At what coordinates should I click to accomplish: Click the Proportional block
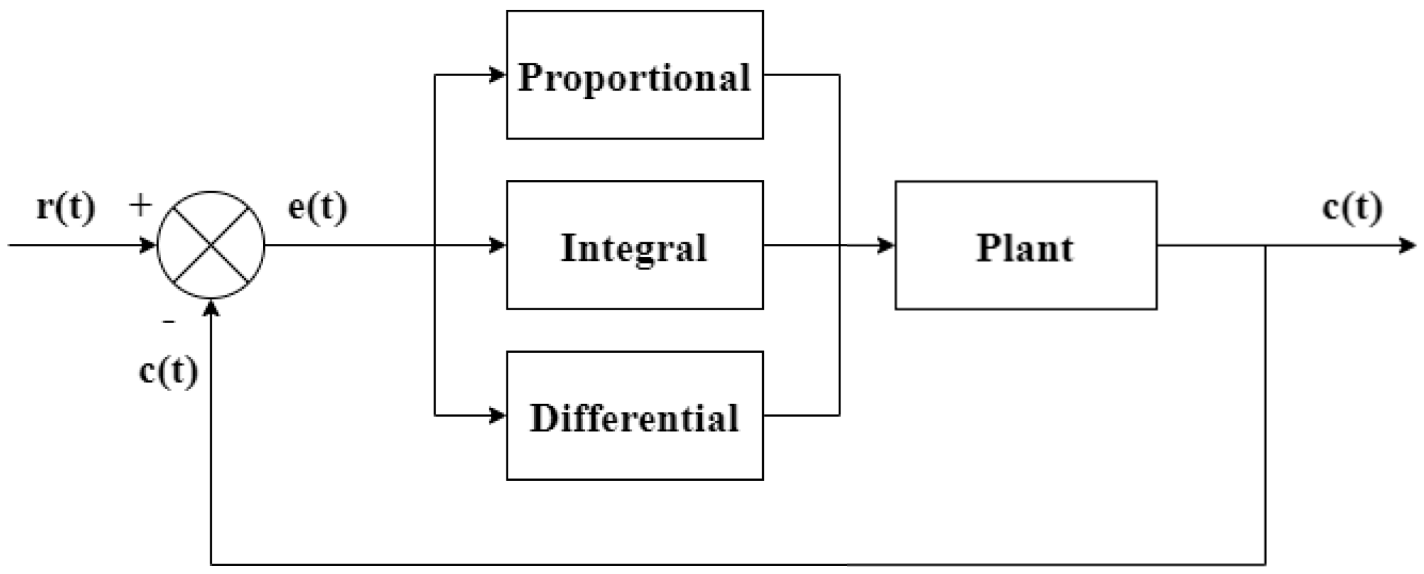[634, 75]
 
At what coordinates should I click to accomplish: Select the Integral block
[634, 245]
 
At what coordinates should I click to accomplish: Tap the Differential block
[634, 415]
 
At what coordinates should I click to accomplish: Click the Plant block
[1026, 245]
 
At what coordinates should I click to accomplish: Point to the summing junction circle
[211, 245]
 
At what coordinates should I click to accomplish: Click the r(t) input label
[66, 207]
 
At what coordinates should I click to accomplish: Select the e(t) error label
[318, 207]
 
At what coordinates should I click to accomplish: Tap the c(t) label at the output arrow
[1352, 207]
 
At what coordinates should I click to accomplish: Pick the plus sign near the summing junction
[140, 205]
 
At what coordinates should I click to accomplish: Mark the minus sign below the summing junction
[169, 321]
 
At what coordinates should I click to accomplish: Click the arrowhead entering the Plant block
[887, 245]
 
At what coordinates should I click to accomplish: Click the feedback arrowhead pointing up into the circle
[211, 308]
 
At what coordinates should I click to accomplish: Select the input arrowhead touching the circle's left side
[149, 245]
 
